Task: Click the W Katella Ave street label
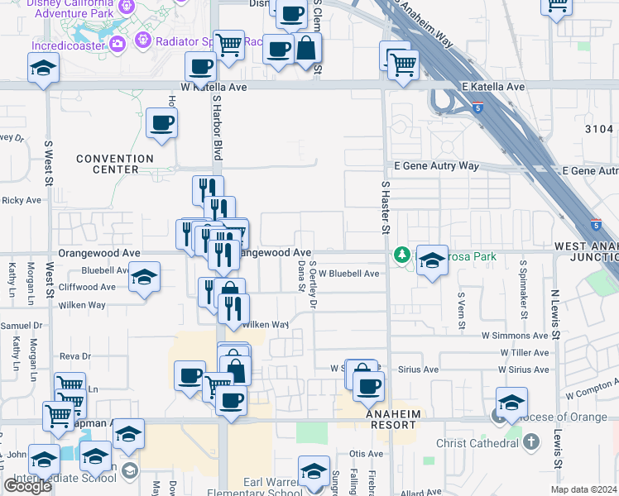click(214, 86)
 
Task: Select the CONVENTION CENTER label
click(115, 164)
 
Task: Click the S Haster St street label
click(386, 206)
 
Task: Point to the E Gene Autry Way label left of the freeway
click(435, 166)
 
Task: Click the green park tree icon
click(403, 255)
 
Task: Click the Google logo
click(27, 486)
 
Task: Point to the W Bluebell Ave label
click(348, 274)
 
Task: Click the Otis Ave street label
click(366, 454)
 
